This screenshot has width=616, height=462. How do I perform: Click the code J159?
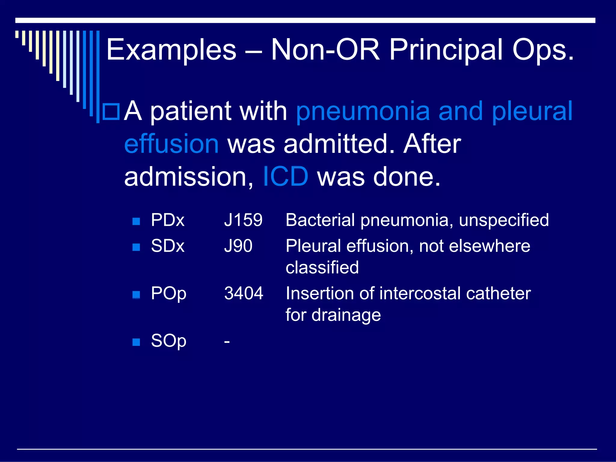243,220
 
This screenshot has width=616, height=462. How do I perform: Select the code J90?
238,246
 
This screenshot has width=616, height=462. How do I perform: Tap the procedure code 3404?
243,293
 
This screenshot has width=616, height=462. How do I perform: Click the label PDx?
168,220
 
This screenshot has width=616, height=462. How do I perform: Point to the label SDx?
168,246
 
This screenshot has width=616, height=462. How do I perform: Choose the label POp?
168,293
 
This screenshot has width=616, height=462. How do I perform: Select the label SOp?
168,341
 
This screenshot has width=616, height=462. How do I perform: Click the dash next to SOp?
227,342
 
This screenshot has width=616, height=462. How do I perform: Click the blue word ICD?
285,176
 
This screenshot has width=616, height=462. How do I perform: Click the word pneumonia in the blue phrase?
363,111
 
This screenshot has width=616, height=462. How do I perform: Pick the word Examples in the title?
171,50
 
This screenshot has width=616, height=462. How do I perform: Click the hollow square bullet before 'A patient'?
111,112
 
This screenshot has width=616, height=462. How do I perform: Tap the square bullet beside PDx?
136,221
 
